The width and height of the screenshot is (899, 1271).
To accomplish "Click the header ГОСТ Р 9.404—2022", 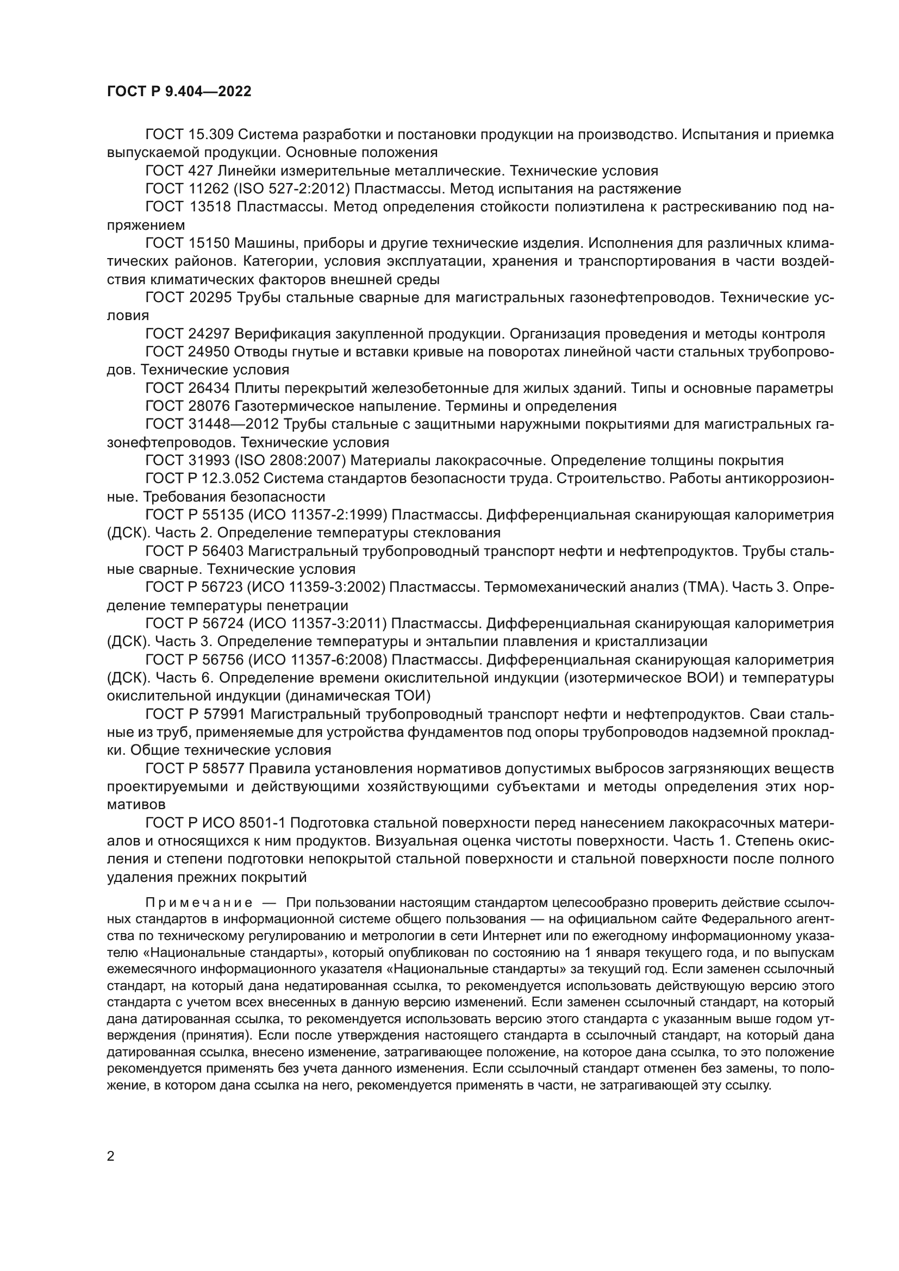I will [179, 91].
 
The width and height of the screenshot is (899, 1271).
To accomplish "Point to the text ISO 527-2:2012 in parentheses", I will [292, 189].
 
